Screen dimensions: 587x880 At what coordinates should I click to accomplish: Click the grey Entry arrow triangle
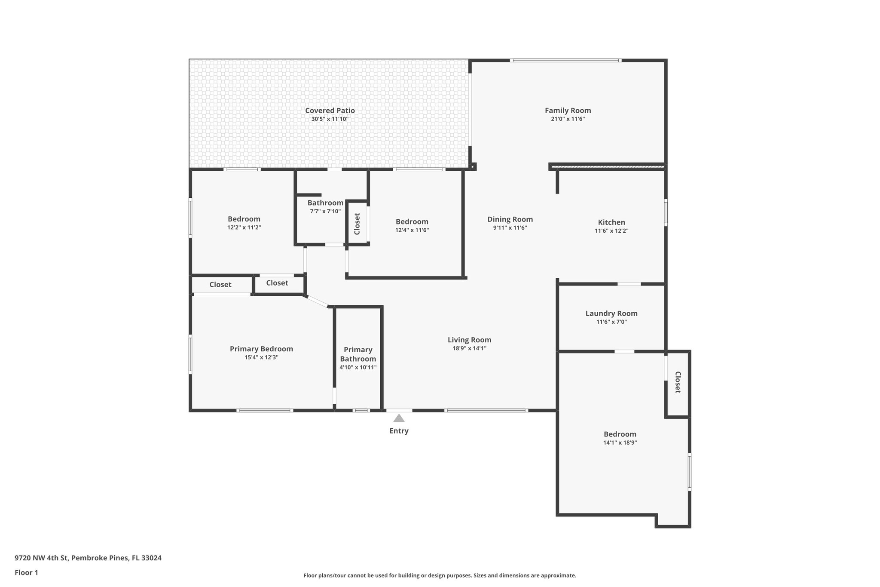coord(399,418)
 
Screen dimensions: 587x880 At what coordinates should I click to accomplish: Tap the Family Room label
coord(568,111)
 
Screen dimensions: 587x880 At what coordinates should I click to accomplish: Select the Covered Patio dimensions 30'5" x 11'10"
coord(330,119)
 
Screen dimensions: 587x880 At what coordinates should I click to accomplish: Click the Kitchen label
coord(611,222)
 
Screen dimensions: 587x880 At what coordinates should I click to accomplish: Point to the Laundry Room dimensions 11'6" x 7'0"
coord(611,322)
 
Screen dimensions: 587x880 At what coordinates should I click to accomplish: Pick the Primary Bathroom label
coord(358,354)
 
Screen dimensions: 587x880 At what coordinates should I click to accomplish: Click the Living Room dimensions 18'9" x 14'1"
coord(469,348)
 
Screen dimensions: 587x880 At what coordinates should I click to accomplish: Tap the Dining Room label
coord(510,219)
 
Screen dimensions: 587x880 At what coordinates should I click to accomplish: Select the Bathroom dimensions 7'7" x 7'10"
coord(325,211)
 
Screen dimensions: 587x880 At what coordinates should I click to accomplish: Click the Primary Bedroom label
coord(261,349)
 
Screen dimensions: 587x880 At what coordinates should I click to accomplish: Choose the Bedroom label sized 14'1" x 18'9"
coord(620,434)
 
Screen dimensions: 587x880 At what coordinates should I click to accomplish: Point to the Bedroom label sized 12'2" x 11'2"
coord(244,219)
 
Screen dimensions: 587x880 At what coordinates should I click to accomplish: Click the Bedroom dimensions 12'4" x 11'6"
coord(412,230)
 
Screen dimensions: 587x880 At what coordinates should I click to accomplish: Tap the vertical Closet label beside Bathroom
coord(357,224)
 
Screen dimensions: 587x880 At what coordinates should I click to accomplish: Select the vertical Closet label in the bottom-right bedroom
coord(678,382)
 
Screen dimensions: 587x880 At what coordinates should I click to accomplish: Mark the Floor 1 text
coord(26,573)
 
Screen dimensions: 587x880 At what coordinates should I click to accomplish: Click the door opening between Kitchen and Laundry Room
coord(629,284)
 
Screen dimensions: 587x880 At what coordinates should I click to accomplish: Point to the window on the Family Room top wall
coord(565,61)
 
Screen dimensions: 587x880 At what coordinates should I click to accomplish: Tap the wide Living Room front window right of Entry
coord(486,410)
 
